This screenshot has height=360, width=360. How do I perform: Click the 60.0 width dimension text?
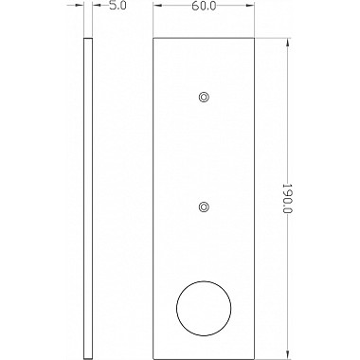204,6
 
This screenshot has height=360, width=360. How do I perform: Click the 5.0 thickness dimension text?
117,6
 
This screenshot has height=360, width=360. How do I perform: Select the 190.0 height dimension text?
287,198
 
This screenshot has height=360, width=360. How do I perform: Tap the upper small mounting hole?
204,97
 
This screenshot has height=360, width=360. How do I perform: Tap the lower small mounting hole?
204,207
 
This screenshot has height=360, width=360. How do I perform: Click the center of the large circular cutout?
204,308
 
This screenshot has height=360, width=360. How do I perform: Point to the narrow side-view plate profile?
88,199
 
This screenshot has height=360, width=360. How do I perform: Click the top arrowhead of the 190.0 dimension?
287,43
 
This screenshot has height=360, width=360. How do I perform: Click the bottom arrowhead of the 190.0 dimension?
287,355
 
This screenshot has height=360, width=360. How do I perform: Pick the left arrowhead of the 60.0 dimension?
157,6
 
